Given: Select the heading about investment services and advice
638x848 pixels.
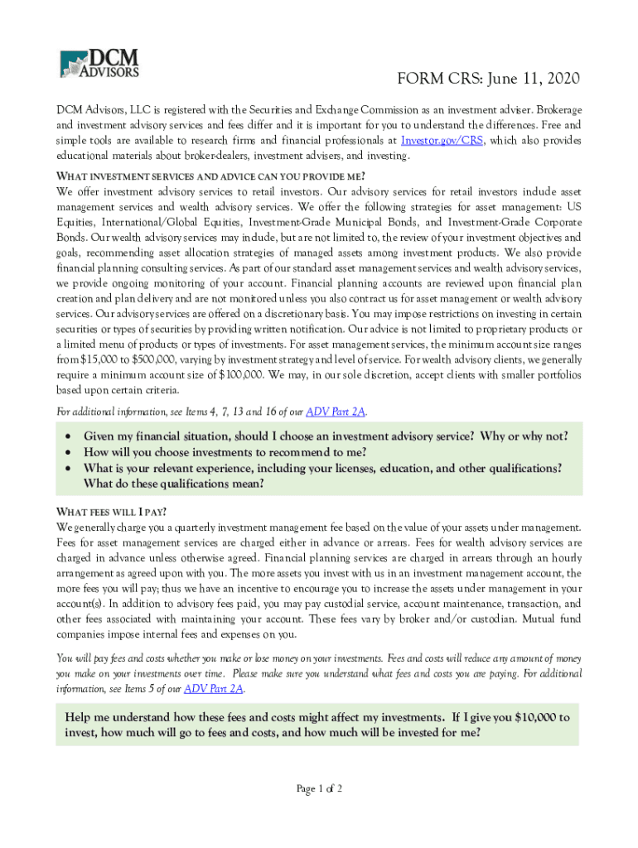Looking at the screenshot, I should point(210,176).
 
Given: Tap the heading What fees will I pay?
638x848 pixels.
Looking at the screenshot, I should point(117,510).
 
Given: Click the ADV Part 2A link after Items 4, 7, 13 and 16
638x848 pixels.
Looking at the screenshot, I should point(336,412).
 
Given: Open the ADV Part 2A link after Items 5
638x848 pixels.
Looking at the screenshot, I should point(214,688).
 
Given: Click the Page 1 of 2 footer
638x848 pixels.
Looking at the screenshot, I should point(319,788).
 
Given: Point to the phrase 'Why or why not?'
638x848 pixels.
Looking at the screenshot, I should point(524,436).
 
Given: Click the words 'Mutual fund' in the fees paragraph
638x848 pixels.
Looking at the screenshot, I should point(548,619).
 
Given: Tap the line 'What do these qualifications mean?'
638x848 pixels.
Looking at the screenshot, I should point(174,484).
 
